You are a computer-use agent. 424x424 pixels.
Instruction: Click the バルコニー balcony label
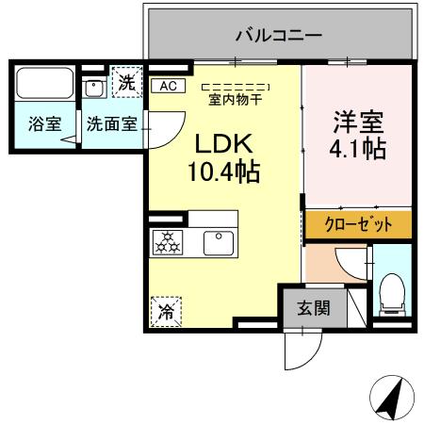pos(278,35)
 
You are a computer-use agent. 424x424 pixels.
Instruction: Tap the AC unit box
pos(168,86)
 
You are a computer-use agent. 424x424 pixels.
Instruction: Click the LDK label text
pos(224,143)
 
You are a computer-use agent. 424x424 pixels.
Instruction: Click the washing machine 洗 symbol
pos(126,81)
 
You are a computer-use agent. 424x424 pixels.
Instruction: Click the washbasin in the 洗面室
pos(94,88)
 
